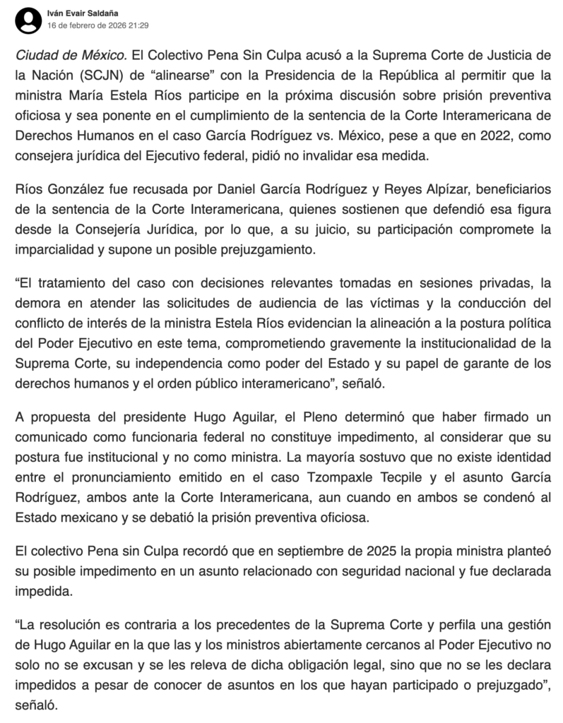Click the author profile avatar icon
(28, 19)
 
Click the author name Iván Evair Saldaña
(83, 13)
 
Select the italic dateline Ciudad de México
(70, 55)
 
